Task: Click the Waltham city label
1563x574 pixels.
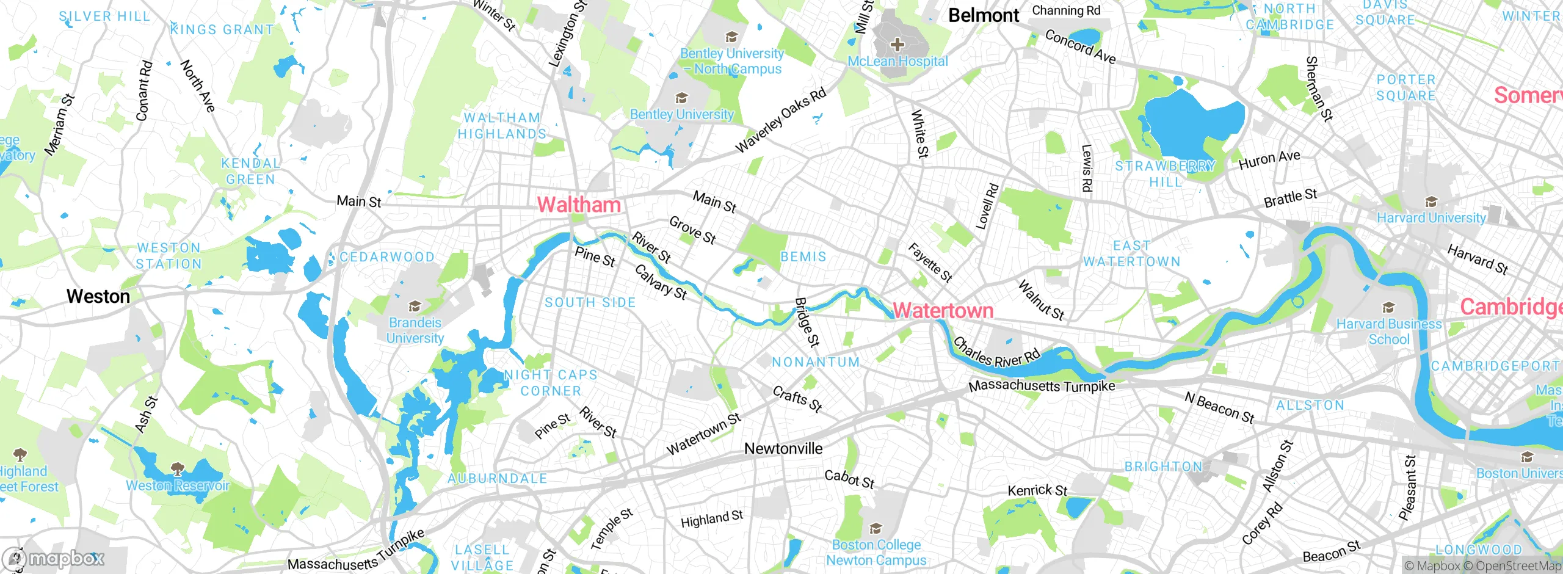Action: pos(578,205)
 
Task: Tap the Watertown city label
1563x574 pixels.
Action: pos(943,311)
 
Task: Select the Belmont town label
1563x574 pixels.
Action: pos(984,15)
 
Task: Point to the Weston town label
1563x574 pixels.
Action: pos(98,297)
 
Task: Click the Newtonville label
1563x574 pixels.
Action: pos(783,449)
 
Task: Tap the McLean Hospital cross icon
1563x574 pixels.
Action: pos(897,44)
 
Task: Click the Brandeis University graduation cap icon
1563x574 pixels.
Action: pos(415,306)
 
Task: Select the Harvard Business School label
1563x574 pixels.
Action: pos(1389,332)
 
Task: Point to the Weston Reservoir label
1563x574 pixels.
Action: pos(178,485)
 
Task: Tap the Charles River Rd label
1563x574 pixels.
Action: pos(996,354)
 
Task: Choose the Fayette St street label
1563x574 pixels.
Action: pos(930,263)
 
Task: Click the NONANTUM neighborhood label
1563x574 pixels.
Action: pos(816,362)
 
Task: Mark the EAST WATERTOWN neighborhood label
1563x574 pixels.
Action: pos(1132,253)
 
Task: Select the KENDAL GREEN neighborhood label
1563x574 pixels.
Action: pos(251,171)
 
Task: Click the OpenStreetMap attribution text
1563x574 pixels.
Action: pos(1518,565)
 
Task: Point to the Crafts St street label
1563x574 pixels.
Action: pos(797,399)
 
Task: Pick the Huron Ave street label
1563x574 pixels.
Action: pos(1269,159)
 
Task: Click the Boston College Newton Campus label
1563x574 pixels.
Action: pos(876,552)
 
